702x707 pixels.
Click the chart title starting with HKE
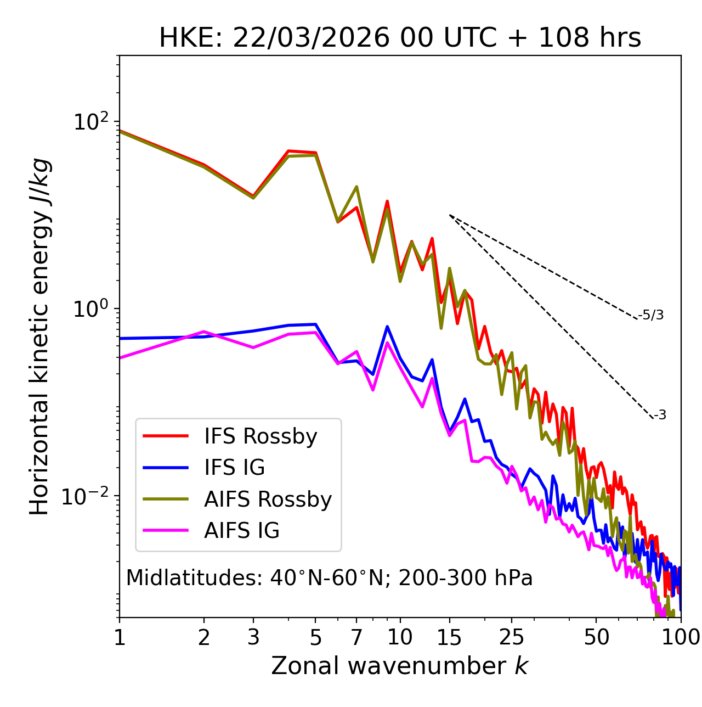click(x=400, y=38)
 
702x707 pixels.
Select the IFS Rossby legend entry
click(x=261, y=436)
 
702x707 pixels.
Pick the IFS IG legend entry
click(x=234, y=468)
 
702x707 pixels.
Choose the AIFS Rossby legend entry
click(x=268, y=500)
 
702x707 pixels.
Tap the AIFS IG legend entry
click(x=242, y=531)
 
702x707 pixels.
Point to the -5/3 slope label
click(x=651, y=315)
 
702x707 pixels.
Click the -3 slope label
click(x=660, y=416)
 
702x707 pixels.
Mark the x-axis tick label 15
click(x=449, y=637)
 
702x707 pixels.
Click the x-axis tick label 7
click(x=356, y=637)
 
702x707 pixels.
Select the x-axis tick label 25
click(x=512, y=637)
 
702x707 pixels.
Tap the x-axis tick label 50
click(x=596, y=637)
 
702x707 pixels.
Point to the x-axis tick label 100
click(x=681, y=637)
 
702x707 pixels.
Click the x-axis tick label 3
click(x=253, y=637)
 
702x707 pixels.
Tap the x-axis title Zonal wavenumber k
click(x=400, y=666)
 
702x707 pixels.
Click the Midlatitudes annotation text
click(x=329, y=578)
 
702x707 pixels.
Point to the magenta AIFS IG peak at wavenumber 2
click(x=204, y=332)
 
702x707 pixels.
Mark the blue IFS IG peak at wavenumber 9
click(x=387, y=327)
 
